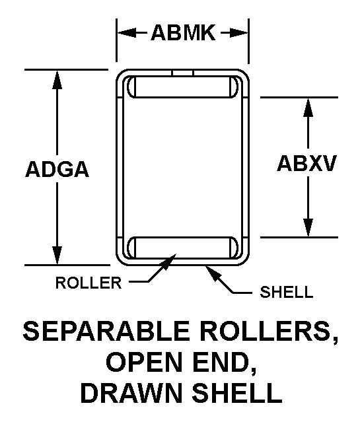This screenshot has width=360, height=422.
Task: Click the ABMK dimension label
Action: tap(183, 33)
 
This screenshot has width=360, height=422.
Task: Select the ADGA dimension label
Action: tap(57, 169)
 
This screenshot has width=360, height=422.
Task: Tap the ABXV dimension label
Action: tap(307, 163)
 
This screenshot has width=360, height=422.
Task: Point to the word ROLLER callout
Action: tap(89, 283)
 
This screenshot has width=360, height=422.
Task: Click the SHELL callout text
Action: tap(287, 292)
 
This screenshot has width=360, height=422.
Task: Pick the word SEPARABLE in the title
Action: tap(106, 331)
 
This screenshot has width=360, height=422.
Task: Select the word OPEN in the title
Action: tap(144, 363)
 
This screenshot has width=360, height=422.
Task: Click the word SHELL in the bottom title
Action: tap(236, 393)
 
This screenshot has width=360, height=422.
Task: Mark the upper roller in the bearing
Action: tap(183, 87)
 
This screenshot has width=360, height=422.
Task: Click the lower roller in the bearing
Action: tap(183, 248)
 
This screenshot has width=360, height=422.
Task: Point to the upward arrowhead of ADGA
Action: tap(57, 79)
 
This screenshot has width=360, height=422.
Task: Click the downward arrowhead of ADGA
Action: tap(57, 256)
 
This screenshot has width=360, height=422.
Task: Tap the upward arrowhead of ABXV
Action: tap(308, 107)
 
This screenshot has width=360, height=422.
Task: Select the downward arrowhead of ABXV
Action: tap(308, 228)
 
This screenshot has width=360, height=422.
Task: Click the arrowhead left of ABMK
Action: tap(127, 33)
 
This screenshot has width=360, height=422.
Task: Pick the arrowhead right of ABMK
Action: tap(238, 33)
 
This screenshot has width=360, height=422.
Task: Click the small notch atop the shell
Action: tap(183, 73)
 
